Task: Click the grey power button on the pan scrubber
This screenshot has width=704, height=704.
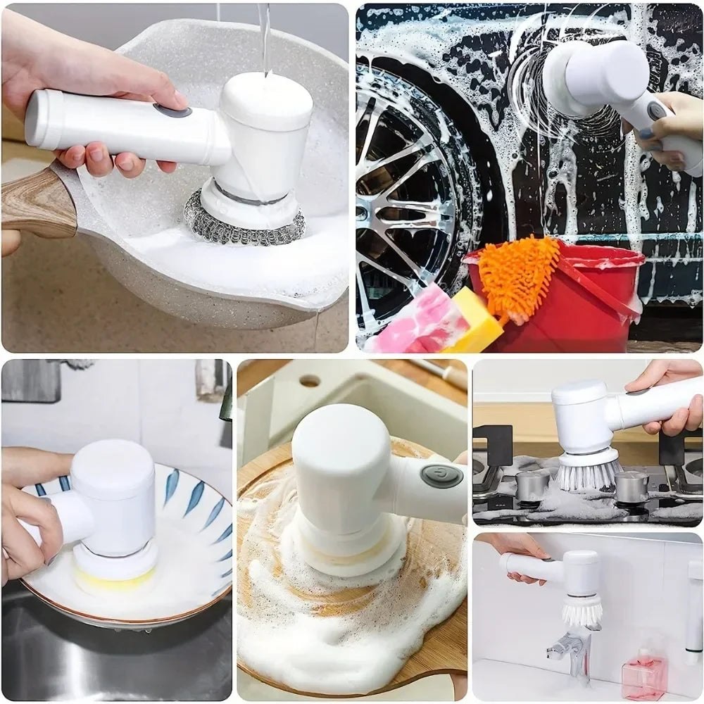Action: pos(172,111)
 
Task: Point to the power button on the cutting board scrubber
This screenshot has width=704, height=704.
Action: pos(441,476)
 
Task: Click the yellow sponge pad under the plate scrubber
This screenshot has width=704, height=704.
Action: pos(116,579)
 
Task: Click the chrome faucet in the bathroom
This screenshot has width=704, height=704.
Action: pos(574,651)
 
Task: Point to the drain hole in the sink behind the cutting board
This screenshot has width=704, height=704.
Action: pos(310,381)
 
